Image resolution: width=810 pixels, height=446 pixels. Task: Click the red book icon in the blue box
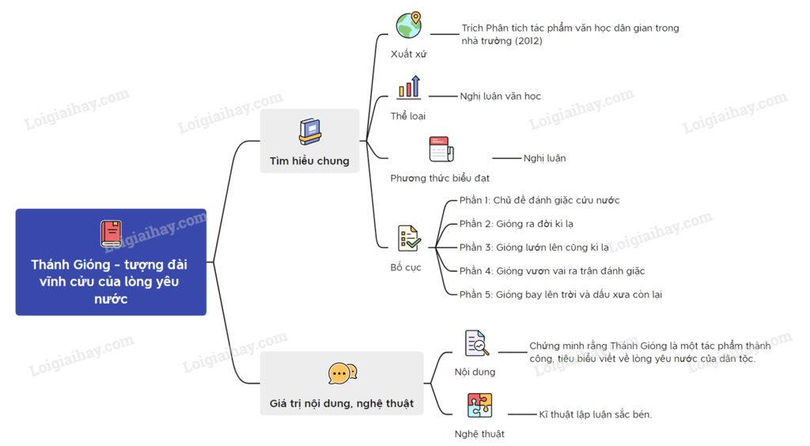[x=111, y=234]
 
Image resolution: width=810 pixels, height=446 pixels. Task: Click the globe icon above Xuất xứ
[x=409, y=25]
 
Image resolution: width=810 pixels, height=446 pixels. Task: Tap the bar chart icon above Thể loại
[x=409, y=87]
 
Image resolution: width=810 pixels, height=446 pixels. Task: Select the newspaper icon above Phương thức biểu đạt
[x=441, y=149]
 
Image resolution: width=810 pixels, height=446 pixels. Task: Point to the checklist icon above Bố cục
[x=409, y=239]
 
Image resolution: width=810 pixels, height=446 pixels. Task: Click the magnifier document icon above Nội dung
[x=476, y=343]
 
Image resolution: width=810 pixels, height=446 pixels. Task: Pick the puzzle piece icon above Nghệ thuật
[x=479, y=405]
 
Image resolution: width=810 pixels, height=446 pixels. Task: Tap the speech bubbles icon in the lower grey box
[x=342, y=373]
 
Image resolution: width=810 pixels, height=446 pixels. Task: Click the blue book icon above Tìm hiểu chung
[x=310, y=131]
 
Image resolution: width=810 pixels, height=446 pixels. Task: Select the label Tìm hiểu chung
[x=309, y=161]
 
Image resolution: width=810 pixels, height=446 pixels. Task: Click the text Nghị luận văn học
[x=500, y=96]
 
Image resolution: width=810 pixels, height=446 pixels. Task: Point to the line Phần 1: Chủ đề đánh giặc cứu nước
[x=539, y=200]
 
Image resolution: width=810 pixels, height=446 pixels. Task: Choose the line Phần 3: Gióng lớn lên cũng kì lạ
[x=534, y=248]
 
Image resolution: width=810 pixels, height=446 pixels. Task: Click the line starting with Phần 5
[x=561, y=294]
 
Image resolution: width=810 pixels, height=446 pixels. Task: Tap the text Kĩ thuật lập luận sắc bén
[x=595, y=414]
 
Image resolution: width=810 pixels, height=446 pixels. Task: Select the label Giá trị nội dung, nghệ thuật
[x=342, y=403]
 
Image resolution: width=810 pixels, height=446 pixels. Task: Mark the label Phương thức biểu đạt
[x=440, y=178]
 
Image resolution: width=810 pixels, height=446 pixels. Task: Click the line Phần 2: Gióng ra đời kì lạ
[x=516, y=224]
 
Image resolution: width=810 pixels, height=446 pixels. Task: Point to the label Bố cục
[x=406, y=267]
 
